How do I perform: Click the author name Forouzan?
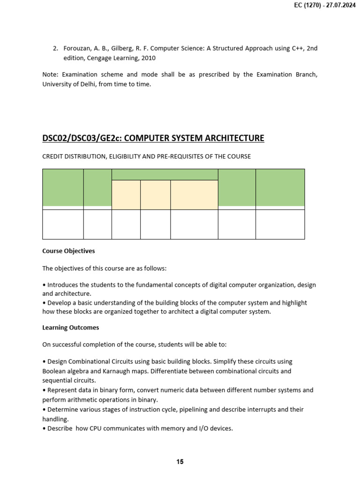(x=77, y=49)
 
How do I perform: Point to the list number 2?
(x=55, y=49)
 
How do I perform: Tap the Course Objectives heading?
(x=68, y=251)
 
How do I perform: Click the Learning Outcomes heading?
(x=70, y=328)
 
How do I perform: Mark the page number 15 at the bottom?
(x=180, y=462)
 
